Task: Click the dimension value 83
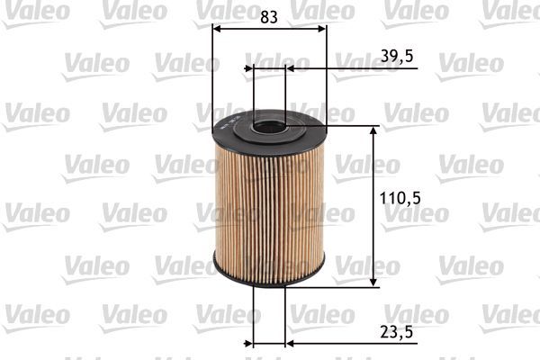point(269,15)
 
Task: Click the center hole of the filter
point(269,126)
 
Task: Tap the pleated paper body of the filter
point(269,207)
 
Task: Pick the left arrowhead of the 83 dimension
point(217,28)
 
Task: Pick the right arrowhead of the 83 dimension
point(321,28)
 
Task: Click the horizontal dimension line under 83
point(269,28)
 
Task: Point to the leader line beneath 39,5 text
point(360,67)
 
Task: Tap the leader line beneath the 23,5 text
point(360,343)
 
